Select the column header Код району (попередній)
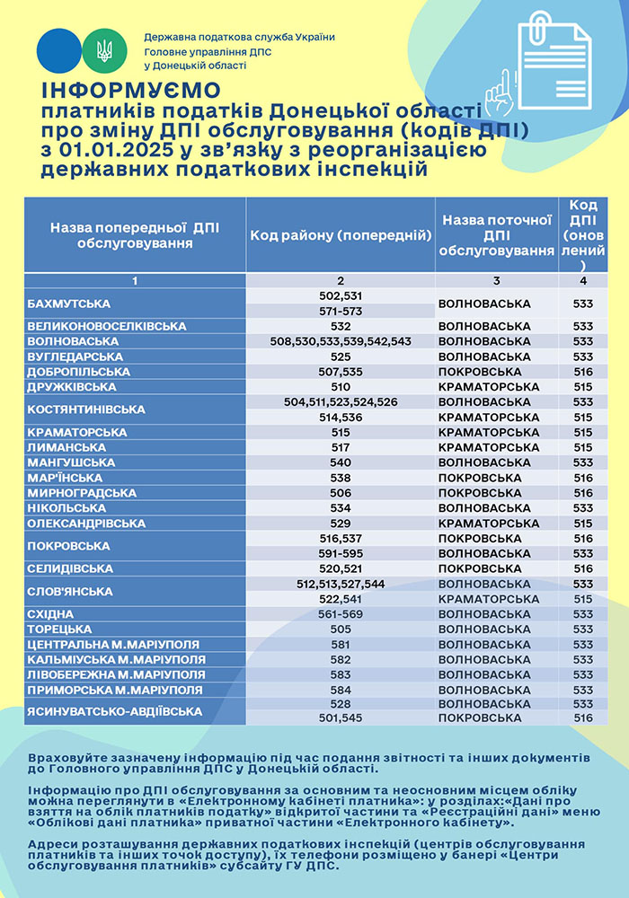[x=341, y=235]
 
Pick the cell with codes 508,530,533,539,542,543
[x=341, y=341]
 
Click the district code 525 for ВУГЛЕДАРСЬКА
[x=341, y=357]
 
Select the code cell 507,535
[x=341, y=372]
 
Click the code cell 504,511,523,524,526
[x=341, y=402]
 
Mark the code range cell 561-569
[x=341, y=614]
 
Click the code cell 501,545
[x=341, y=718]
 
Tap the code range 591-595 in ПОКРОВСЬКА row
[x=341, y=553]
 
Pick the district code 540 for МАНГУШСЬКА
[x=341, y=462]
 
